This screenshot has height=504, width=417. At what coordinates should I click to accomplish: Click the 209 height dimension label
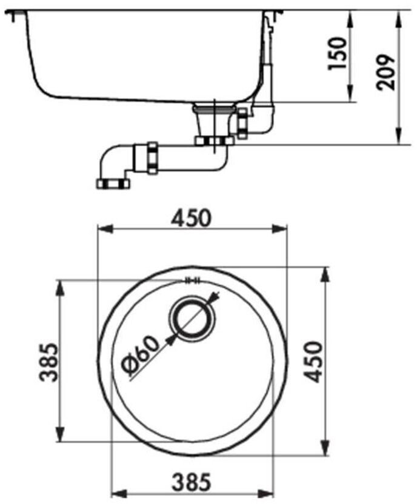click(x=386, y=73)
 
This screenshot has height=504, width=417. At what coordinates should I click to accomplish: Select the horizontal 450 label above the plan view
click(x=192, y=218)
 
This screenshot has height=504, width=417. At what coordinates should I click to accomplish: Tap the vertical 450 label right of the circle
click(x=312, y=362)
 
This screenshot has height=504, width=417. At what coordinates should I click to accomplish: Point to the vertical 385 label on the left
click(x=48, y=362)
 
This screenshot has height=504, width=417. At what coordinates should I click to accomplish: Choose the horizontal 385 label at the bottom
click(x=192, y=482)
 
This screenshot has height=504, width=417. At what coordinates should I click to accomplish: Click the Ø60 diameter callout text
click(x=141, y=356)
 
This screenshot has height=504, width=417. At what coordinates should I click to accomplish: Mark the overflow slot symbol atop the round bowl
click(x=192, y=280)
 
